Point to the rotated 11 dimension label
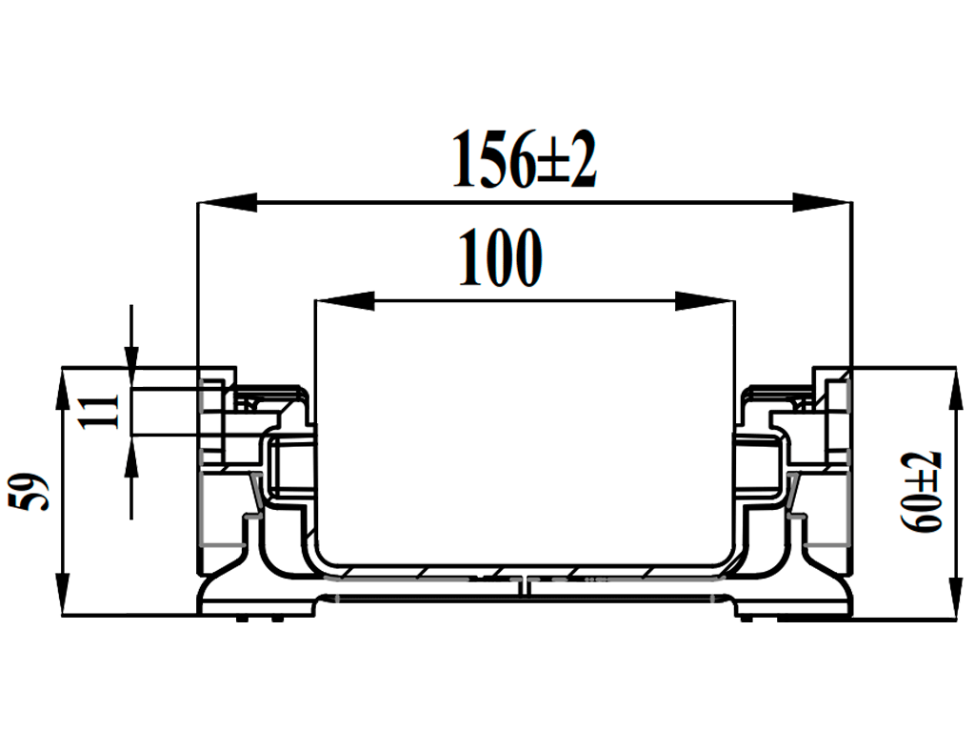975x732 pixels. (x=108, y=412)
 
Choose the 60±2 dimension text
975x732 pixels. (x=923, y=492)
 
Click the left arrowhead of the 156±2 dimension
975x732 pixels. (x=225, y=202)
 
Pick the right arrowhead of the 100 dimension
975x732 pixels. (x=706, y=301)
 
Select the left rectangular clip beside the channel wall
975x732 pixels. (x=286, y=467)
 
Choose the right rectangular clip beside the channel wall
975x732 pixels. (x=762, y=467)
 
